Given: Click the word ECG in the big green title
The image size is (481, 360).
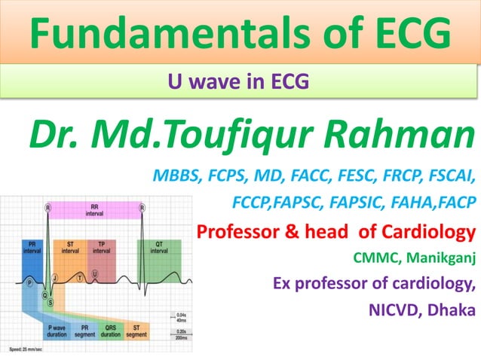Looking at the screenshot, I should pos(406,34).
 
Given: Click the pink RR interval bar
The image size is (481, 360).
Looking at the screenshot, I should pos(94,213).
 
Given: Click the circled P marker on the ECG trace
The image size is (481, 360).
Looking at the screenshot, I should pos(30,281).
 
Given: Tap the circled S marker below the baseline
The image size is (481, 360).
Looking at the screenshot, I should pos(51,301).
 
